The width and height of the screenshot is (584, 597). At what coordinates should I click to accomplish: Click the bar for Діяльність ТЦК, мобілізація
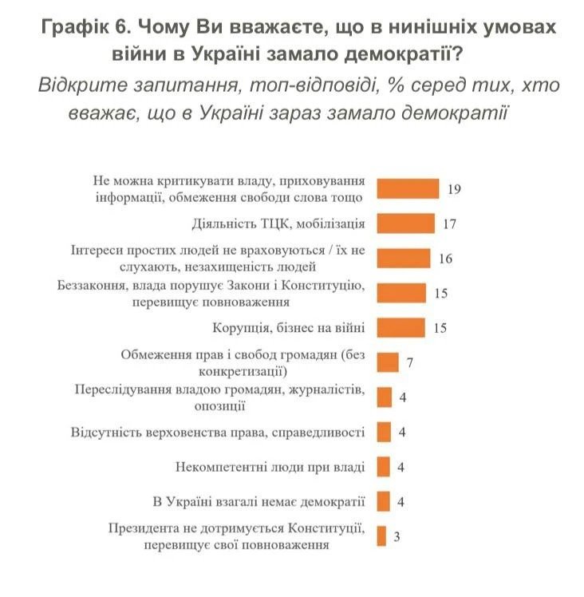pyautogui.click(x=405, y=223)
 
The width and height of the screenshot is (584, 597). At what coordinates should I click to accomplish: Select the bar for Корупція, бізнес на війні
pyautogui.click(x=401, y=327)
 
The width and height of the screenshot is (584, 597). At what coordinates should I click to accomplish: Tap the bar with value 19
pyautogui.click(x=408, y=188)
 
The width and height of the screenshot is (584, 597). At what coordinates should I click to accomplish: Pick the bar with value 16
pyautogui.click(x=403, y=258)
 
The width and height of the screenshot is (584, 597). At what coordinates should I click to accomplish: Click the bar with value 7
pyautogui.click(x=387, y=362)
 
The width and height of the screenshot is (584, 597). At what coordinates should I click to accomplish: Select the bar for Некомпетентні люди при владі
pyautogui.click(x=383, y=467)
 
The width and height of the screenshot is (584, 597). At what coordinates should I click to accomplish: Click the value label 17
pyautogui.click(x=449, y=223)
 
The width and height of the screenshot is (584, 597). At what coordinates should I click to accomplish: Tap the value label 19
pyautogui.click(x=455, y=189)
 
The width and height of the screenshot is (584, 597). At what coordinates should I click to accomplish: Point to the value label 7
pyautogui.click(x=410, y=363)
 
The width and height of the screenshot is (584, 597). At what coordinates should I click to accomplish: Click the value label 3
pyautogui.click(x=397, y=536)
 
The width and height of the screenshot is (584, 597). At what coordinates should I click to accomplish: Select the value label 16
pyautogui.click(x=445, y=259)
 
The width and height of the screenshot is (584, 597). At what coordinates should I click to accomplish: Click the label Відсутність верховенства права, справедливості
pyautogui.click(x=218, y=433)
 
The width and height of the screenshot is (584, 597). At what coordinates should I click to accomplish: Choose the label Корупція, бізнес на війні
pyautogui.click(x=289, y=328)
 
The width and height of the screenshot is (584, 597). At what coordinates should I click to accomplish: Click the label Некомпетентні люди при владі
pyautogui.click(x=270, y=467)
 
